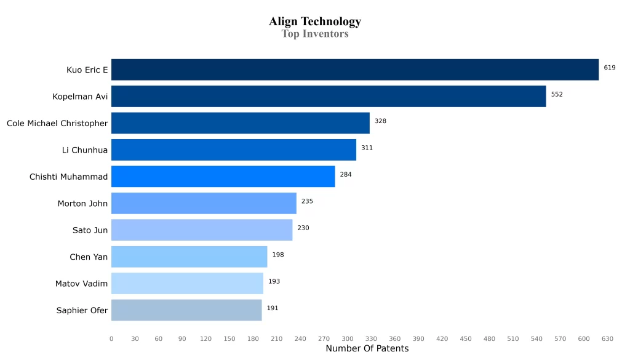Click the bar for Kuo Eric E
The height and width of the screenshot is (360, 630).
(x=354, y=70)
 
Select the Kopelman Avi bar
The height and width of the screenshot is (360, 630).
(x=329, y=97)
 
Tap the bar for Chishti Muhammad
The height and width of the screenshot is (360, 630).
(x=223, y=177)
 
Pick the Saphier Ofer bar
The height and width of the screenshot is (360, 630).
(x=186, y=310)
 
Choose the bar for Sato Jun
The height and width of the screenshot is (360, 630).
(x=202, y=230)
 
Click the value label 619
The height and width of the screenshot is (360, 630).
(x=609, y=68)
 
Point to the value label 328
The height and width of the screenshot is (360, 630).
(x=380, y=121)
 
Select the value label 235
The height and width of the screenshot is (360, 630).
(x=307, y=201)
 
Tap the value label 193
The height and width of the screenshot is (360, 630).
(x=274, y=281)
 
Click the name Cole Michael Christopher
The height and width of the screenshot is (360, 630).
(x=57, y=124)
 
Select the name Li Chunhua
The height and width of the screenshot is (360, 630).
(x=85, y=150)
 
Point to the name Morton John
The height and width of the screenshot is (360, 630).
(x=82, y=204)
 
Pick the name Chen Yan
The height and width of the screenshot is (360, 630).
(x=89, y=257)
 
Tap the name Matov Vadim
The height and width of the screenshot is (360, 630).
(x=81, y=284)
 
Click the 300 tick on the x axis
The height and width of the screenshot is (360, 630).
(x=348, y=338)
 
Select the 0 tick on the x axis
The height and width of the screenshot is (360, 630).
(x=111, y=338)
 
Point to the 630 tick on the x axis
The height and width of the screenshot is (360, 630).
(x=607, y=338)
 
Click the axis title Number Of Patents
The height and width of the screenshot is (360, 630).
(x=367, y=349)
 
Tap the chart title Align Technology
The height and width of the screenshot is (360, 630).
(x=315, y=22)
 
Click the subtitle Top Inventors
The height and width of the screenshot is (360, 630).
(x=315, y=34)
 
